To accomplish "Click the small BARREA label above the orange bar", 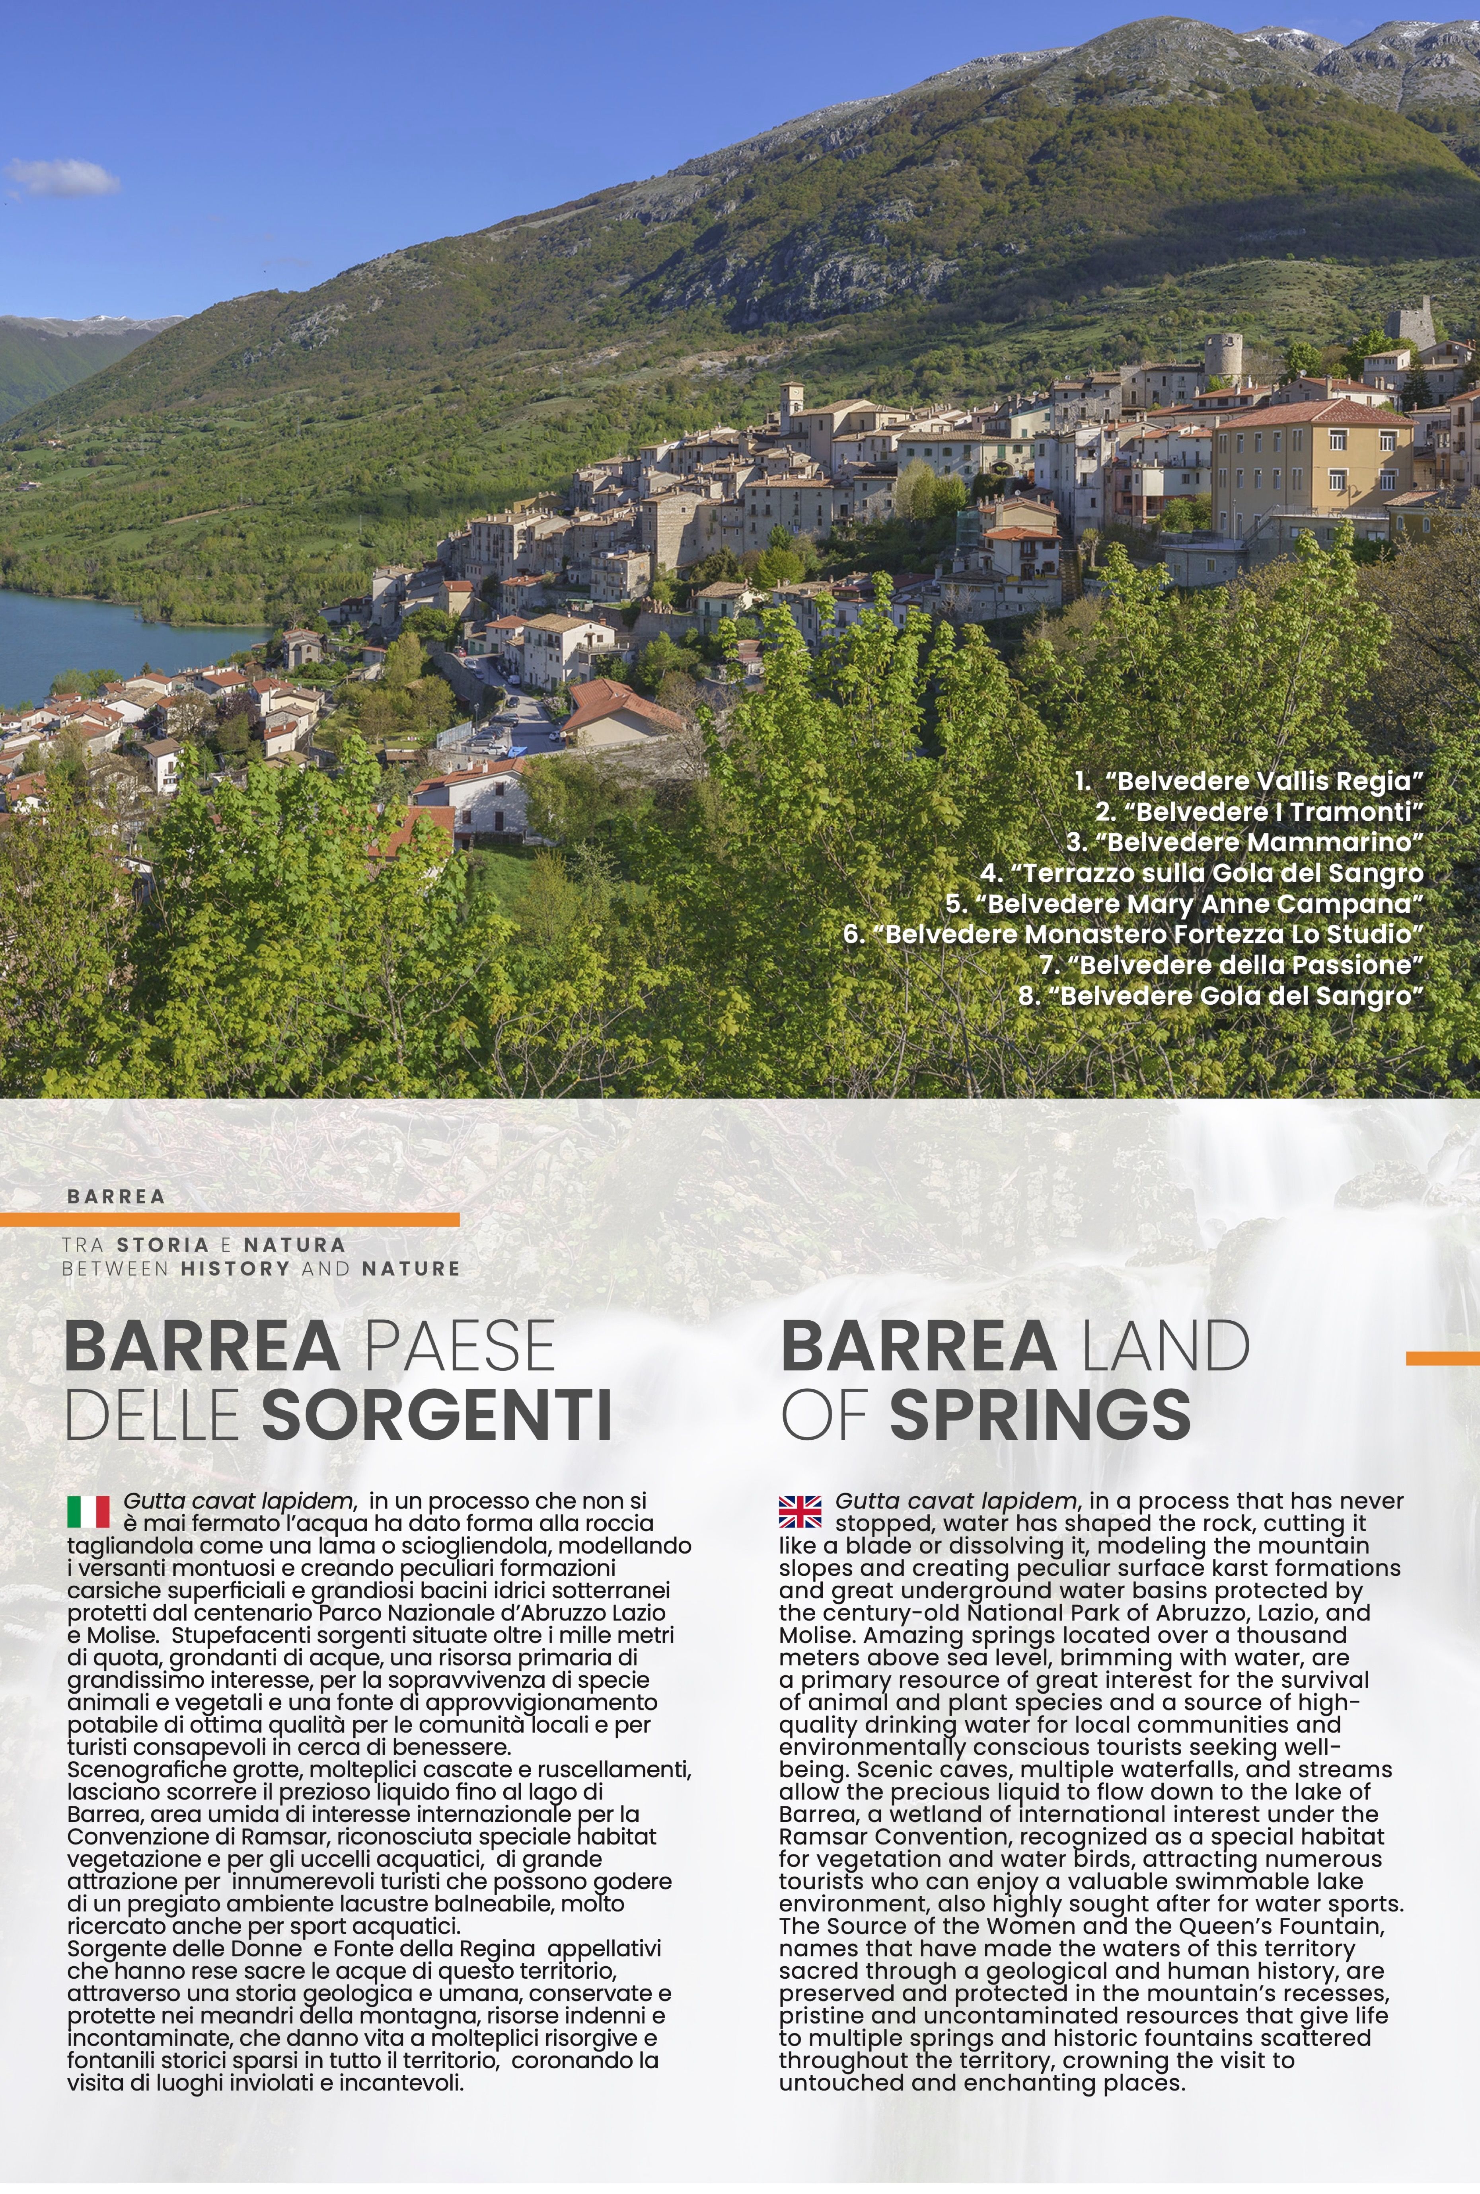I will [x=116, y=1196].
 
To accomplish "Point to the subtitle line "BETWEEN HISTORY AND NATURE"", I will [x=261, y=1269].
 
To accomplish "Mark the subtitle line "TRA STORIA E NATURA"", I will [x=204, y=1245].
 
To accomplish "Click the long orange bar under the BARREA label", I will [x=230, y=1220].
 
